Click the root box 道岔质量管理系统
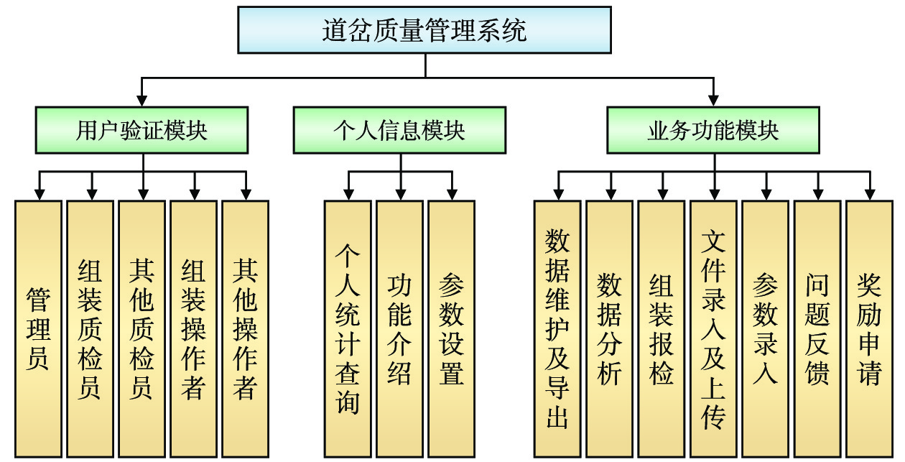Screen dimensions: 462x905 [424, 30]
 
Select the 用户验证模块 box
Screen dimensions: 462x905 [142, 130]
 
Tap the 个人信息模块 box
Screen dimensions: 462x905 [399, 130]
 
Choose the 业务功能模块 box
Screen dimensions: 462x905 [713, 130]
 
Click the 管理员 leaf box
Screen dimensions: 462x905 [38, 329]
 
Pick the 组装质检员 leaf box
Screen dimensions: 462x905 [90, 329]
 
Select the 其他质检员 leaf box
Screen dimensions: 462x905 [141, 329]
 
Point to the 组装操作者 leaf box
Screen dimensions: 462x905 [193, 329]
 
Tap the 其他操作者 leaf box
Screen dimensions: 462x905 [245, 329]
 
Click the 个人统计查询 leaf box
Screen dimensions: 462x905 [348, 329]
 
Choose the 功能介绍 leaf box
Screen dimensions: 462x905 [399, 329]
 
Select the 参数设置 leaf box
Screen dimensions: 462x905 [451, 329]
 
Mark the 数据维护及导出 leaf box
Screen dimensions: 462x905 [557, 329]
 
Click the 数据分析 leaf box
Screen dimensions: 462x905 [609, 329]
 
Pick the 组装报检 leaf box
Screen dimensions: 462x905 [661, 329]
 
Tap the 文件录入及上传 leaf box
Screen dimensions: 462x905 [713, 329]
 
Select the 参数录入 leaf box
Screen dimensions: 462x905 [765, 329]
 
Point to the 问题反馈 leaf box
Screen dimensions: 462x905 [817, 329]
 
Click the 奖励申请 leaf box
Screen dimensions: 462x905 [868, 329]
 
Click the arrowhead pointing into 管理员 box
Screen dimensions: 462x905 [39, 194]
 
